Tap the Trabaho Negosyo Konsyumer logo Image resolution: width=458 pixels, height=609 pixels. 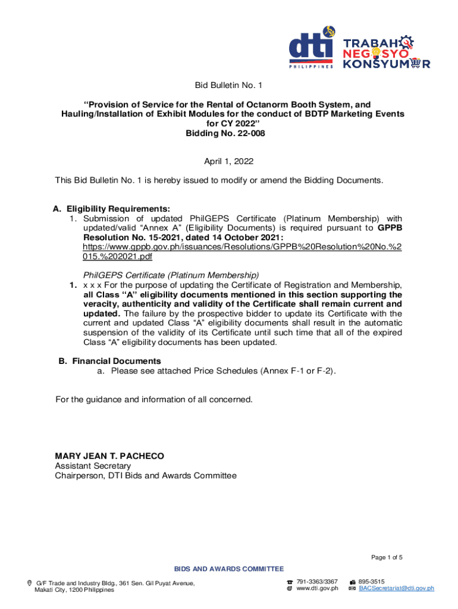coord(387,52)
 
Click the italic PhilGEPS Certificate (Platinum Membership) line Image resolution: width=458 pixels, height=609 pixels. coord(171,275)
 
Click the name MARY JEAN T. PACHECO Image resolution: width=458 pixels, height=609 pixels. coord(109,456)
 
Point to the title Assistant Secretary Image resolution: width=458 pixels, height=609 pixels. coord(92,466)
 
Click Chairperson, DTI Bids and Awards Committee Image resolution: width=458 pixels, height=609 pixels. coord(145,476)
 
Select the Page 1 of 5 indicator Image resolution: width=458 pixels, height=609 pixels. coord(387,557)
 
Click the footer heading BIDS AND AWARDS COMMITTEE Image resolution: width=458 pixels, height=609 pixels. coord(229,569)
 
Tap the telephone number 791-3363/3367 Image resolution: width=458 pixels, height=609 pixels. coord(317,581)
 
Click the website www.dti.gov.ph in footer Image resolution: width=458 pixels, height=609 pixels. coord(317,588)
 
